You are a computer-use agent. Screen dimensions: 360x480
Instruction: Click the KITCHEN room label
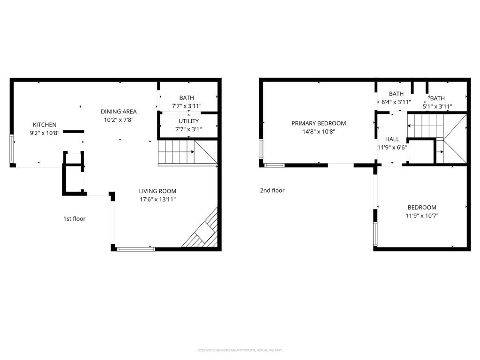pyautogui.click(x=45, y=125)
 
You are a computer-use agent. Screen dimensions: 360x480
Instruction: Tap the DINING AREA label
pyautogui.click(x=119, y=112)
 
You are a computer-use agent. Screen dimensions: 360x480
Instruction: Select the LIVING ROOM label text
pyautogui.click(x=157, y=191)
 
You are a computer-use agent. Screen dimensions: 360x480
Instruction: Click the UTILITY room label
pyautogui.click(x=188, y=121)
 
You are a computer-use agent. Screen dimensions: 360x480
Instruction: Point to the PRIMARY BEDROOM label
pyautogui.click(x=319, y=123)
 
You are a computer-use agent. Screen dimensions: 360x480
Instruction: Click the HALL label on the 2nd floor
pyautogui.click(x=392, y=139)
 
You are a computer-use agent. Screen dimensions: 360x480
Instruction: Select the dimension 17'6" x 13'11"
pyautogui.click(x=157, y=200)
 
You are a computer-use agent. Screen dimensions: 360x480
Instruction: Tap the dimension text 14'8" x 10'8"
pyautogui.click(x=319, y=132)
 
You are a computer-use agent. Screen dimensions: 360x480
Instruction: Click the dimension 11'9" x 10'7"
pyautogui.click(x=422, y=216)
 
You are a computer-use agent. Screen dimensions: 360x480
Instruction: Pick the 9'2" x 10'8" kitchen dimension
pyautogui.click(x=45, y=133)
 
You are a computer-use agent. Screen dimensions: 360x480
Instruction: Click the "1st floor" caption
pyautogui.click(x=75, y=218)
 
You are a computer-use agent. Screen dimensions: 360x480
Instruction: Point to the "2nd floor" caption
pyautogui.click(x=272, y=190)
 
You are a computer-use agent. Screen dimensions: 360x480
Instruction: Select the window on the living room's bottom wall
pyautogui.click(x=136, y=249)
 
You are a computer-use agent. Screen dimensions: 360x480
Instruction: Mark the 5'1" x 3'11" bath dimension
pyautogui.click(x=437, y=106)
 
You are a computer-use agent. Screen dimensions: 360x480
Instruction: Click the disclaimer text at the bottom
pyautogui.click(x=240, y=350)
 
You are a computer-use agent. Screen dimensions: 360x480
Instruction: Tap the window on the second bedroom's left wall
pyautogui.click(x=375, y=234)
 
